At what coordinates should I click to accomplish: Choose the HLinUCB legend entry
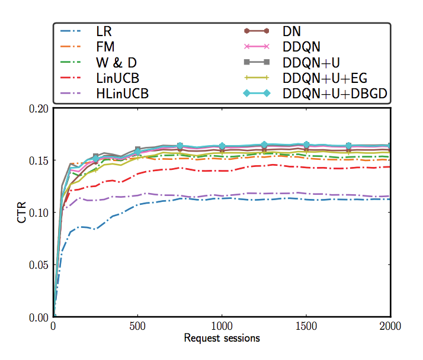pyautogui.click(x=122, y=93)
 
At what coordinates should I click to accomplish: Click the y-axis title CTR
pyautogui.click(x=22, y=213)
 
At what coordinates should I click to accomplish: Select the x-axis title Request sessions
pyautogui.click(x=222, y=339)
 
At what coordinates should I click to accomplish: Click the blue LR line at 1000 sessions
pyautogui.click(x=222, y=198)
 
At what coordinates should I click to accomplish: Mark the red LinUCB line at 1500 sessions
pyautogui.click(x=306, y=167)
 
